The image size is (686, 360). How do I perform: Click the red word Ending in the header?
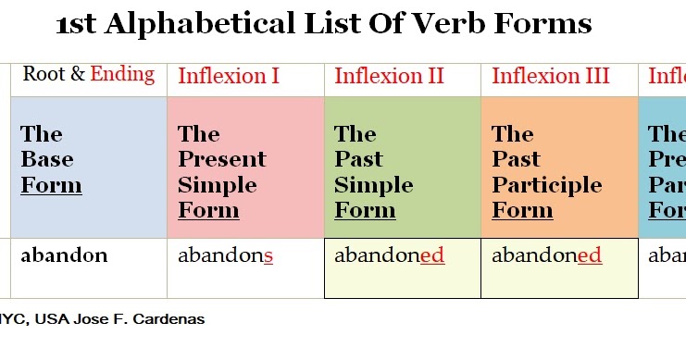coord(122,74)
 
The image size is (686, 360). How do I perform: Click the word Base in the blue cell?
coord(47,159)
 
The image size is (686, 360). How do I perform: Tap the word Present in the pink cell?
coord(222,159)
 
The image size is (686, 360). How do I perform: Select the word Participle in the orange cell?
coord(547,184)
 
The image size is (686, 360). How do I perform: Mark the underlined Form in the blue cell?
coord(51,185)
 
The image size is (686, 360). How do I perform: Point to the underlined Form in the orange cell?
coord(522,210)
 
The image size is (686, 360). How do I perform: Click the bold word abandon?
coord(64,255)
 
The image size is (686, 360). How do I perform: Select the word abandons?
coord(225,255)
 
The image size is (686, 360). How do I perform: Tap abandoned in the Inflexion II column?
coord(389,255)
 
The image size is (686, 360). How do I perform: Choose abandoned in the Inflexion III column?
coord(546,255)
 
